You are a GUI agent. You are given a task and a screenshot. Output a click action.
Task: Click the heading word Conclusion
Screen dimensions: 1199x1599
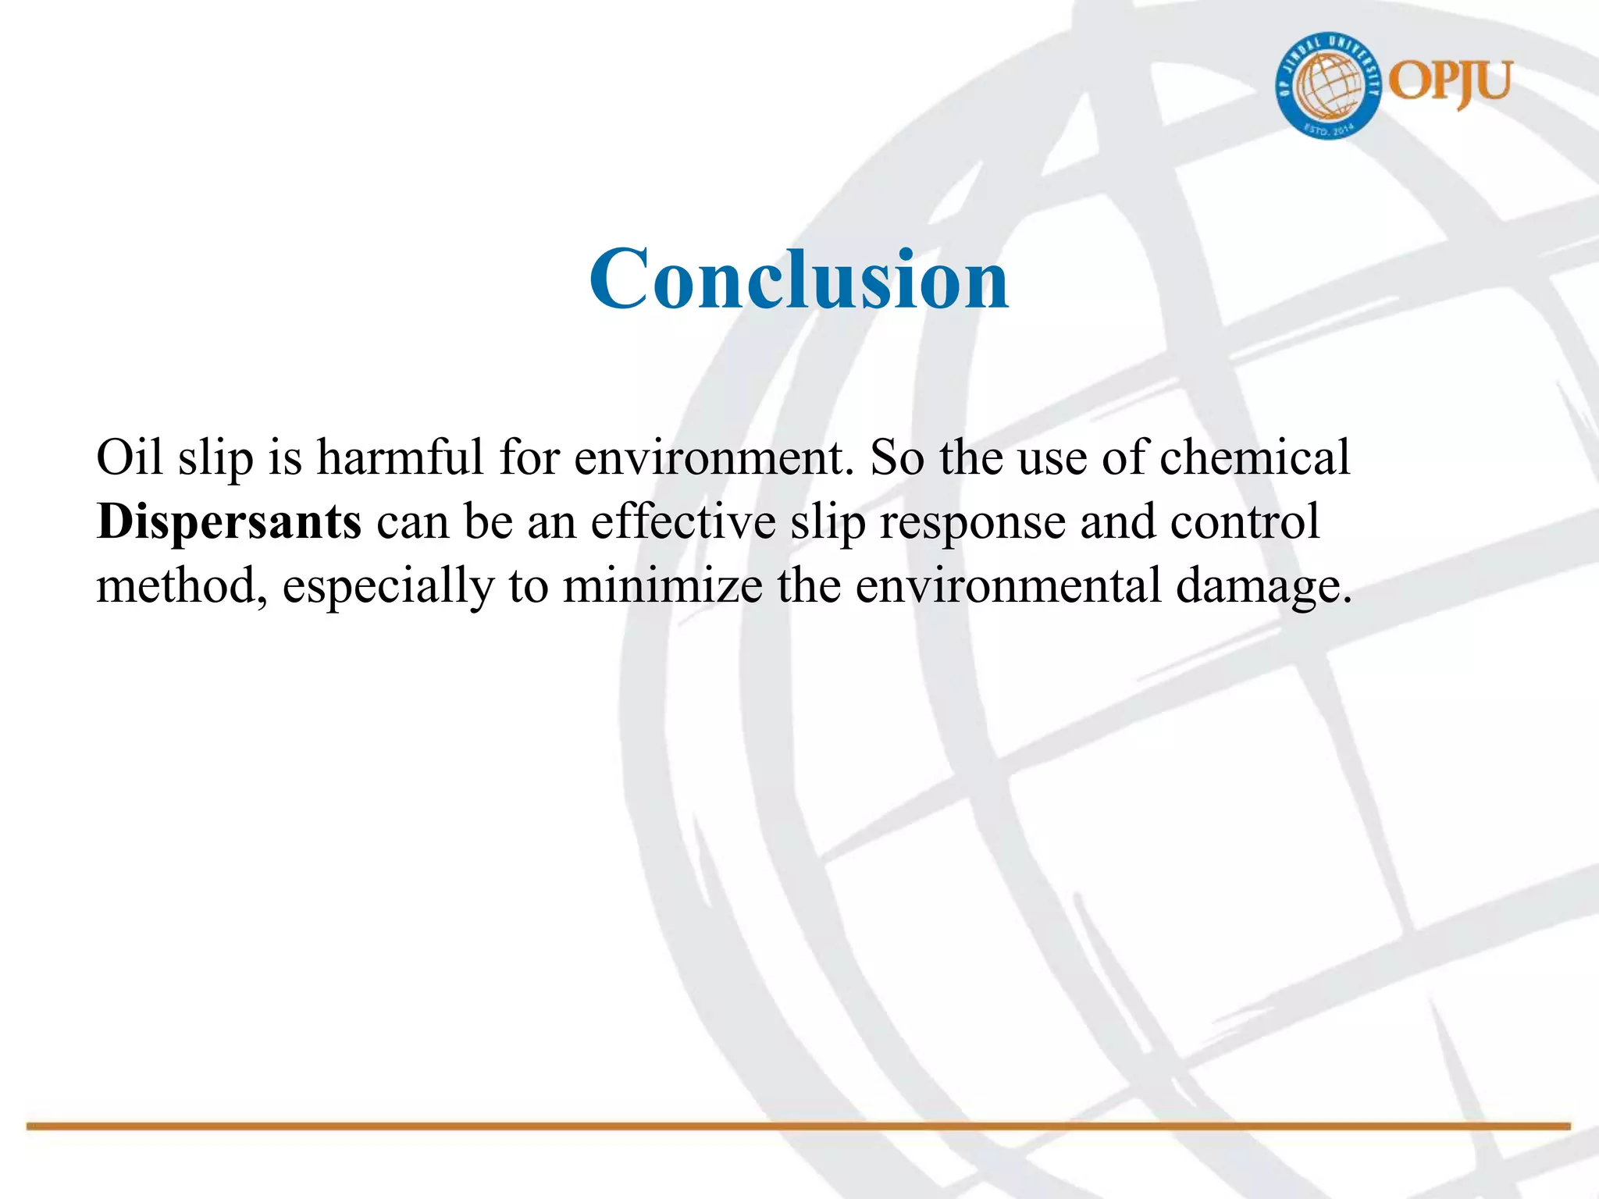click(x=799, y=279)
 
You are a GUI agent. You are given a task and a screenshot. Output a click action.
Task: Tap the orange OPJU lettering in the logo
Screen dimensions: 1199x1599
click(x=1451, y=84)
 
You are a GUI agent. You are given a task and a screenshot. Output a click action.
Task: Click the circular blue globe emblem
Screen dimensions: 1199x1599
click(x=1328, y=87)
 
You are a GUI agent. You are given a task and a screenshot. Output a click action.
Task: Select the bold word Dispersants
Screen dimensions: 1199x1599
click(x=229, y=521)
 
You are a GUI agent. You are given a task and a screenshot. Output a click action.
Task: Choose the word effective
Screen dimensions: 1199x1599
click(x=683, y=521)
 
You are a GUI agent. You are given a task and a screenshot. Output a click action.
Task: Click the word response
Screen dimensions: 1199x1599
click(x=973, y=523)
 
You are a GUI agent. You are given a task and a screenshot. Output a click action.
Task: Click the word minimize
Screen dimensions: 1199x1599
click(x=662, y=585)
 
